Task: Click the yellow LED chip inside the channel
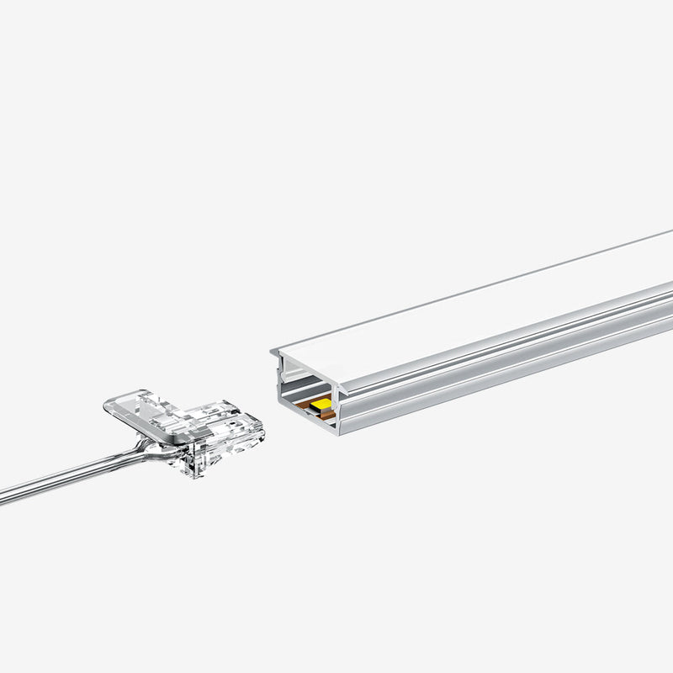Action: [320, 405]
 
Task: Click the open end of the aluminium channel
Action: [308, 395]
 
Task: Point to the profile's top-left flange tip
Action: [273, 352]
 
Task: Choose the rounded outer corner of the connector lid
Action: [109, 404]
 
